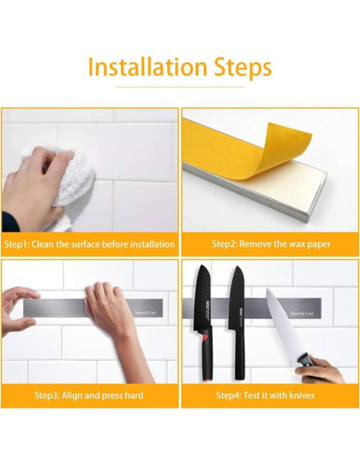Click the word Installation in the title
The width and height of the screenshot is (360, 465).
(147, 67)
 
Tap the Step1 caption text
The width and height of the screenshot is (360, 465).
(89, 244)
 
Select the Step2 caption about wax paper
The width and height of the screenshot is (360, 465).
(271, 244)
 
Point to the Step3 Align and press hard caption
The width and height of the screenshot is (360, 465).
(88, 395)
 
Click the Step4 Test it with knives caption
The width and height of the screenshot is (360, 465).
(265, 395)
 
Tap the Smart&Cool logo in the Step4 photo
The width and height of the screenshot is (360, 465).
(302, 313)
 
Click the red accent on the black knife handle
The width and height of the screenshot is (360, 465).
(205, 337)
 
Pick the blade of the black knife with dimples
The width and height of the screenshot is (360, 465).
(203, 296)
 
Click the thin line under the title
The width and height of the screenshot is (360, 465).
(180, 88)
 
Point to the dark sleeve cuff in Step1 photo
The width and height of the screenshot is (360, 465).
(9, 221)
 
